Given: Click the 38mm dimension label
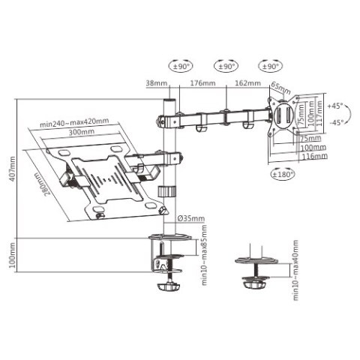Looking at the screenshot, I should click(157, 84).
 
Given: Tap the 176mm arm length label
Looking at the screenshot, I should click(199, 84).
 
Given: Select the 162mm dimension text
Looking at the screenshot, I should click(247, 84).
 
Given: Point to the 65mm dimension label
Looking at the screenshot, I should click(280, 87).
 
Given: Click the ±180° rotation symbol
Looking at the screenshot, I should click(283, 174).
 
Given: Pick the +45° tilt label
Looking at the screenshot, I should click(335, 106).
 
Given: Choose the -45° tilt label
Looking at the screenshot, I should click(335, 122).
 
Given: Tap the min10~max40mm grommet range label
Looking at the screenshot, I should click(296, 271).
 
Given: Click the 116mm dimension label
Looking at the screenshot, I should click(316, 157).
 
